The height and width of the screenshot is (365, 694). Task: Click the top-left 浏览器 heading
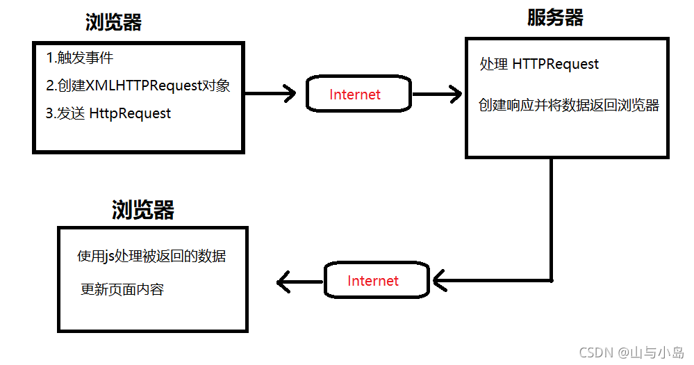tap(113, 23)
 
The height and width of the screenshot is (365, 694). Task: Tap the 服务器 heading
tap(555, 18)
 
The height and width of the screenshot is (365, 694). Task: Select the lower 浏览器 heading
tap(142, 210)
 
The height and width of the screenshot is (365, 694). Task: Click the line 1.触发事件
tap(79, 58)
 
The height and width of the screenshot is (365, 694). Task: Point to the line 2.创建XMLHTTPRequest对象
tap(138, 86)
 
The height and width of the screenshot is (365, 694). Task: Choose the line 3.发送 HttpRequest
tap(108, 113)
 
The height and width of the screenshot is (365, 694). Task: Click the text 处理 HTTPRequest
tap(539, 64)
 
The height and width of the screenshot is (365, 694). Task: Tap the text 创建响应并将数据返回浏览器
tap(569, 106)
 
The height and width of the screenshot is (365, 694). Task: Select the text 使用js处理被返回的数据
tap(151, 257)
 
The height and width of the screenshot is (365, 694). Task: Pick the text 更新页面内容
tap(122, 289)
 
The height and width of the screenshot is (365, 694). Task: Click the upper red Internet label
tap(355, 95)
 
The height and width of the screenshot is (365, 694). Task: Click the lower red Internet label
tap(373, 281)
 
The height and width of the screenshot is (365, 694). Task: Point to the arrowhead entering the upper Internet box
tap(291, 94)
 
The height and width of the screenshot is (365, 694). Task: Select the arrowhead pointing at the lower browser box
tap(283, 282)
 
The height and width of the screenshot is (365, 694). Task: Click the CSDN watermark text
tap(630, 352)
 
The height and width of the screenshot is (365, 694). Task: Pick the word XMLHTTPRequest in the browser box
tap(142, 86)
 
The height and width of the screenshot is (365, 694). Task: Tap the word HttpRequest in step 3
tap(130, 113)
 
